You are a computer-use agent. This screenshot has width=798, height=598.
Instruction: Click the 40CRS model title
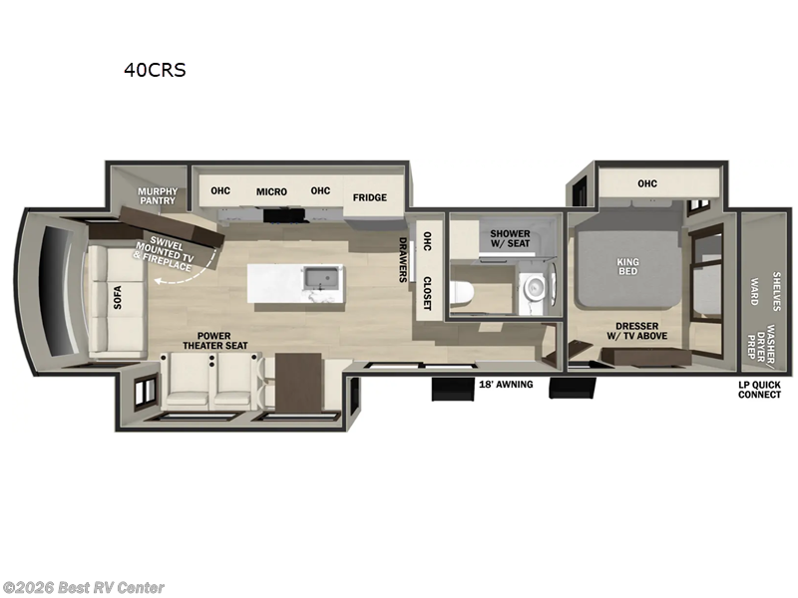click(154, 70)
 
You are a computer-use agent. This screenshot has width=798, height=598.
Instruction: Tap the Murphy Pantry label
click(158, 195)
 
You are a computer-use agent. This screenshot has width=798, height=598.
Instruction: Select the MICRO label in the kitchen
click(271, 191)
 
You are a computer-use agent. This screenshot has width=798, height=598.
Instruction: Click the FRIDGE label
click(369, 197)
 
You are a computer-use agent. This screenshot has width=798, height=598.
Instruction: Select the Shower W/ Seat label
click(510, 239)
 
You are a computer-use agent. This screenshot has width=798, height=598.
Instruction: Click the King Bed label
click(627, 267)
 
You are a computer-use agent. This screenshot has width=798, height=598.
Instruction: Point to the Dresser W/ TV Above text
click(636, 331)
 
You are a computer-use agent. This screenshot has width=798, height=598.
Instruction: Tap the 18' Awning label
click(506, 384)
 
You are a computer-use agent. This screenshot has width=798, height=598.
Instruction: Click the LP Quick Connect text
click(759, 389)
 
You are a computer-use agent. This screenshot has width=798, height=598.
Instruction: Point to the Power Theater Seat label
click(208, 340)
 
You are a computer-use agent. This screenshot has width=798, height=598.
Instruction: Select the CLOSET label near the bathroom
click(426, 293)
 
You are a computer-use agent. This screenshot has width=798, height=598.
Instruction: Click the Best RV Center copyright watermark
click(84, 588)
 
